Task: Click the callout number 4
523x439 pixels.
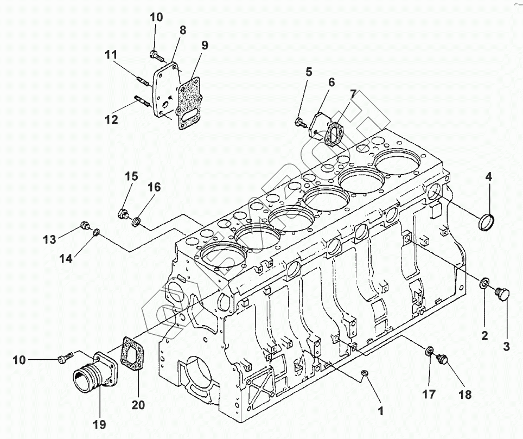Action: click(488, 177)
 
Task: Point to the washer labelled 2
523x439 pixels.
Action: click(484, 283)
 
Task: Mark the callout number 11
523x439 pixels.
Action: click(111, 55)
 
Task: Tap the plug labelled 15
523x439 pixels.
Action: click(123, 212)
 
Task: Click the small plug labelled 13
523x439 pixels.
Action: click(84, 225)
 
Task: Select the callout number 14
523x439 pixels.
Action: click(66, 258)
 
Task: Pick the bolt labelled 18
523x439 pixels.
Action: click(443, 359)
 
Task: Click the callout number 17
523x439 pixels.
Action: click(429, 395)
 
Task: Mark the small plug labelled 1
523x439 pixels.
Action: click(365, 374)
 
